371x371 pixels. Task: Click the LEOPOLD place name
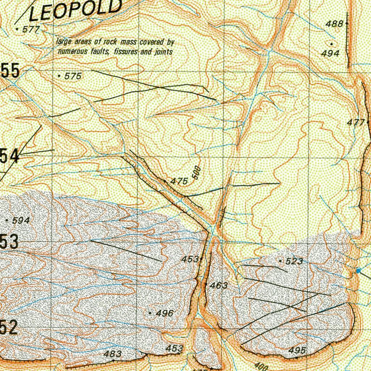coord(75,10)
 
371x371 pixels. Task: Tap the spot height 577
coord(30,29)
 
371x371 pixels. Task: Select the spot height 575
coord(73,76)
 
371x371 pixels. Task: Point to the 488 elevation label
coord(334,24)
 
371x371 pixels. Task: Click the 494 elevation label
coord(330,53)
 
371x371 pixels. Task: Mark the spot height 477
coord(355,122)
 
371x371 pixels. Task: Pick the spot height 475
coord(179,181)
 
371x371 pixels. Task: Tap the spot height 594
coord(21,220)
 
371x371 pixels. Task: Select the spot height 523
coord(294,261)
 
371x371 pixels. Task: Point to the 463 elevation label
coord(219,285)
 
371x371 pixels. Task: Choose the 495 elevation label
coord(297,350)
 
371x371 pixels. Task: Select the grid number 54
coord(9,156)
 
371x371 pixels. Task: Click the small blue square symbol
coord(359,271)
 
